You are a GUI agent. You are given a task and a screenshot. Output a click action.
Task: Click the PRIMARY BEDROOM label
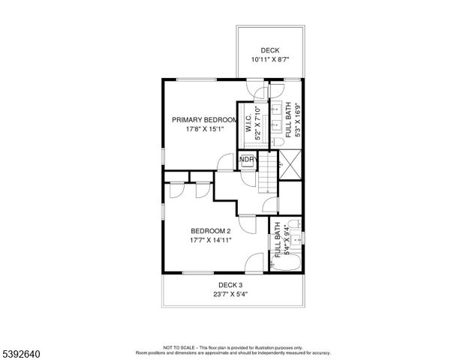pyautogui.click(x=205, y=119)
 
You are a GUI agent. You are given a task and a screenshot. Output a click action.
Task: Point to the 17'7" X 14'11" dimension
pyautogui.click(x=210, y=240)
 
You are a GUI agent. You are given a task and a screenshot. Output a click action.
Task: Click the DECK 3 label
pyautogui.click(x=230, y=285)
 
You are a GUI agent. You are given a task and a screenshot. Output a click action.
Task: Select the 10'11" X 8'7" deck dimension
pyautogui.click(x=269, y=59)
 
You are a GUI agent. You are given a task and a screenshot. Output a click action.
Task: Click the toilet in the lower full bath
pyautogui.click(x=295, y=223)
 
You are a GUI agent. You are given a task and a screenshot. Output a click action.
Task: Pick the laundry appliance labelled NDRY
pyautogui.click(x=248, y=160)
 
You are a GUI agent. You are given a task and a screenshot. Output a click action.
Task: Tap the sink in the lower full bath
pyautogui.click(x=297, y=240)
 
